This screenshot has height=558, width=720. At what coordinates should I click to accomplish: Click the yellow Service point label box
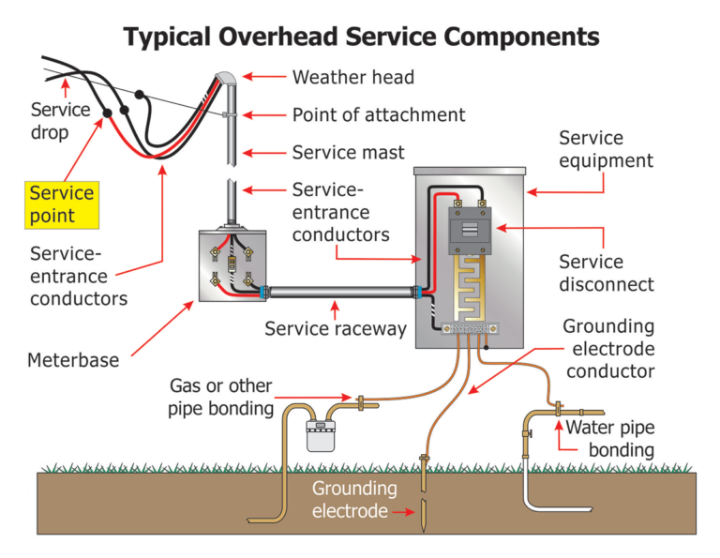click(62, 204)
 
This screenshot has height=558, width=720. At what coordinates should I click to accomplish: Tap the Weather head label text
click(352, 77)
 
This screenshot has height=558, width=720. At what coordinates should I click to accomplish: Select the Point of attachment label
click(379, 115)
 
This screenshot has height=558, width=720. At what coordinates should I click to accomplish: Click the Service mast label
click(349, 152)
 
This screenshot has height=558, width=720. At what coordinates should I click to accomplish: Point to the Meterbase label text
click(73, 359)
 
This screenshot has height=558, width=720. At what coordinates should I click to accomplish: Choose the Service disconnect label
click(606, 272)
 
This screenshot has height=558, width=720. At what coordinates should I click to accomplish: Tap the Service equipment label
click(606, 150)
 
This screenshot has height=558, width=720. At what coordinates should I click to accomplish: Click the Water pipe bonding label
click(609, 439)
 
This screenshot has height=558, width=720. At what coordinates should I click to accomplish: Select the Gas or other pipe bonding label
click(220, 397)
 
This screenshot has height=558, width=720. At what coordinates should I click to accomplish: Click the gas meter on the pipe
click(321, 435)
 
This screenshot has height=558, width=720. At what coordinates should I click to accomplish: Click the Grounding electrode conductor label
click(608, 349)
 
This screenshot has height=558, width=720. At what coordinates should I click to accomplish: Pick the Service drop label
click(60, 121)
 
